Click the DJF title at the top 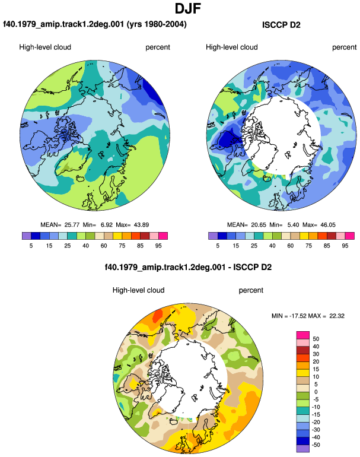[188, 8]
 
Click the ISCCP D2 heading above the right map [281, 25]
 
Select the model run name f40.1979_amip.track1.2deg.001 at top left [63, 24]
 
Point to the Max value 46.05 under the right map [328, 225]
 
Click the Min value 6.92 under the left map [107, 225]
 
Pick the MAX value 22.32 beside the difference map [337, 316]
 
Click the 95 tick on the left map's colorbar [158, 246]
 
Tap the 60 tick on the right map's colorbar [291, 246]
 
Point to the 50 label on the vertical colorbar [316, 339]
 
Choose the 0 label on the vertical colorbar [316, 392]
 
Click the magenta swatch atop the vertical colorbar [303, 335]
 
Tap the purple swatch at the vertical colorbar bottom [303, 449]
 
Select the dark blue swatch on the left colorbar [36, 236]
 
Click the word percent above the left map [158, 47]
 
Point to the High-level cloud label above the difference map [138, 290]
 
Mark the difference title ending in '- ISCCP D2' [188, 267]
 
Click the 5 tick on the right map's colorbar [218, 246]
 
